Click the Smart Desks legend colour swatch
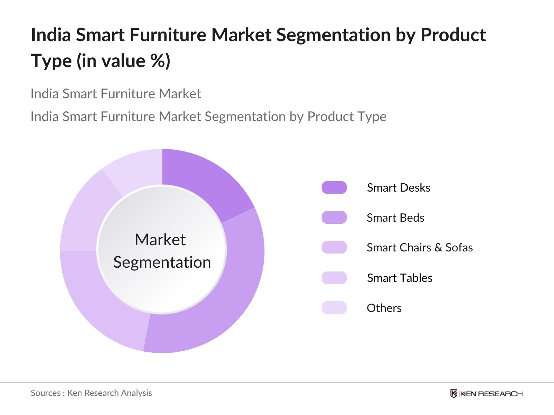(334, 187)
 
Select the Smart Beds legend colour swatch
(334, 218)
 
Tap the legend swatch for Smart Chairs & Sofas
(334, 247)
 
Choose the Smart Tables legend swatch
(334, 278)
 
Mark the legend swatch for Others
(334, 308)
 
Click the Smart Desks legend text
(399, 188)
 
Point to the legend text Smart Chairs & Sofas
(420, 247)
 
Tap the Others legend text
(384, 308)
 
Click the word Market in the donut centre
(160, 239)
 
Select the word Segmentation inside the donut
(162, 262)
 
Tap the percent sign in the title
(158, 61)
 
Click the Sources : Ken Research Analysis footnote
(91, 393)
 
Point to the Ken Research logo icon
(454, 394)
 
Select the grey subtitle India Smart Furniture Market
(116, 94)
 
